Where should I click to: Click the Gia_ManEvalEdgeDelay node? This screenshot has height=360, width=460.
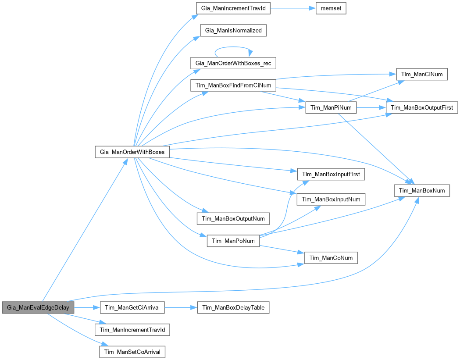click(38, 307)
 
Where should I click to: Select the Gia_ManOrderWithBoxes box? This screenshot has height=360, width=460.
click(132, 152)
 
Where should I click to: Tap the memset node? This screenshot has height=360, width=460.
click(331, 9)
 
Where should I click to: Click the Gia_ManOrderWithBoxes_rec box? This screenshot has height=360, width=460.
click(233, 64)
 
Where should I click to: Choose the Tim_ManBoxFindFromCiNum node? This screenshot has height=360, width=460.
click(233, 85)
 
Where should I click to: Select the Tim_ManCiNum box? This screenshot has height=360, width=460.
click(422, 75)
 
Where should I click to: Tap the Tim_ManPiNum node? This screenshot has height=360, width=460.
click(331, 107)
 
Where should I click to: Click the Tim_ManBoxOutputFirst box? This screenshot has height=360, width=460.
click(422, 107)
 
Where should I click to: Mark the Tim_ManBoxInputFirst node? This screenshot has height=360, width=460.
click(331, 174)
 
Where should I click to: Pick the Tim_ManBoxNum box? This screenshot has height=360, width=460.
click(422, 190)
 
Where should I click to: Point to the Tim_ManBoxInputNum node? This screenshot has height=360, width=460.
click(331, 200)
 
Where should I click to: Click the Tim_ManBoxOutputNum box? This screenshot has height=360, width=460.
click(233, 218)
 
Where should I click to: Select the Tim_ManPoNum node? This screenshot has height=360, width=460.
click(233, 241)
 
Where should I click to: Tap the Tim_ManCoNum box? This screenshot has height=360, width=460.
click(331, 257)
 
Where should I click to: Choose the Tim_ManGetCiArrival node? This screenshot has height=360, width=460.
click(132, 307)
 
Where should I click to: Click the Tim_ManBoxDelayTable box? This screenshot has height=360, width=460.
click(233, 307)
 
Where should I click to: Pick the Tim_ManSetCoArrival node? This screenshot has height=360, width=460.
click(132, 352)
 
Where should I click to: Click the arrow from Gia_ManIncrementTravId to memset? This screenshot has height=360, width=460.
click(293, 9)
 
